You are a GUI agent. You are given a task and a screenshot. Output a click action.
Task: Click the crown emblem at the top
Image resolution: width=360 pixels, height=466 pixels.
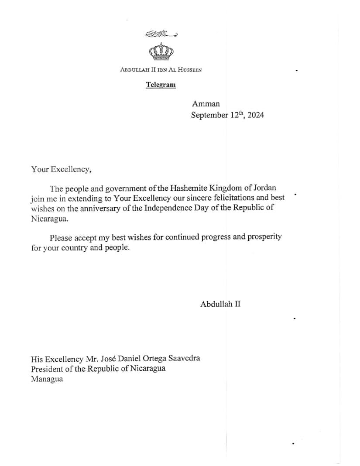(161, 51)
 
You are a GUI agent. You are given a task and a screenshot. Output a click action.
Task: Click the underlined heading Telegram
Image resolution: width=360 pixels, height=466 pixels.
(161, 85)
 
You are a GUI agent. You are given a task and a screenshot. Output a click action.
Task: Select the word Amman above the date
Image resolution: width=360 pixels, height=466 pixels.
(206, 104)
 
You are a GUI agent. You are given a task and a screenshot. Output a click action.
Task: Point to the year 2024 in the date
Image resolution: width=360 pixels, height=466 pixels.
(256, 116)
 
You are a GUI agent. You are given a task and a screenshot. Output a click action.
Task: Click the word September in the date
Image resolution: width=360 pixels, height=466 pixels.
(209, 116)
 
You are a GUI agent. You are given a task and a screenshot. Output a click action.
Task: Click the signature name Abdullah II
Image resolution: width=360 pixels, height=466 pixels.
(220, 304)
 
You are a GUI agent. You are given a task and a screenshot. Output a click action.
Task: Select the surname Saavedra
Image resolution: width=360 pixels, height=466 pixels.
(184, 359)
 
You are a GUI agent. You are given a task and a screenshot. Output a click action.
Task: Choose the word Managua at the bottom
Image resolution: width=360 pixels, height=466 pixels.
(47, 379)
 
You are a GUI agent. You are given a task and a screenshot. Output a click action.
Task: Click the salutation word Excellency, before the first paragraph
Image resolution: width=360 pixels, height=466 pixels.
(72, 169)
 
